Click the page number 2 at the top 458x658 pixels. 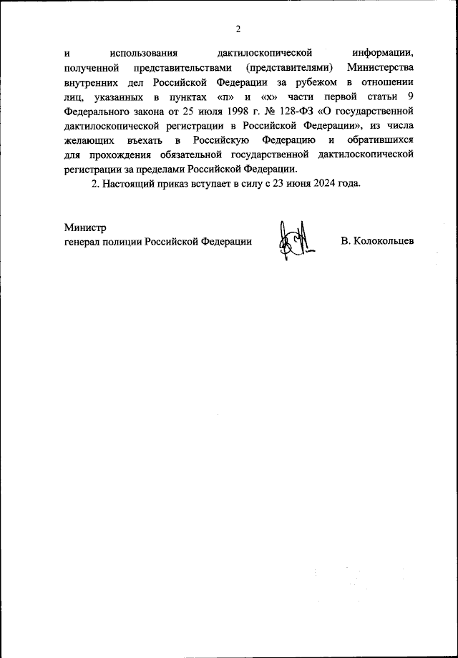(x=238, y=29)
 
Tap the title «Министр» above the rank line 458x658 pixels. (x=84, y=227)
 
